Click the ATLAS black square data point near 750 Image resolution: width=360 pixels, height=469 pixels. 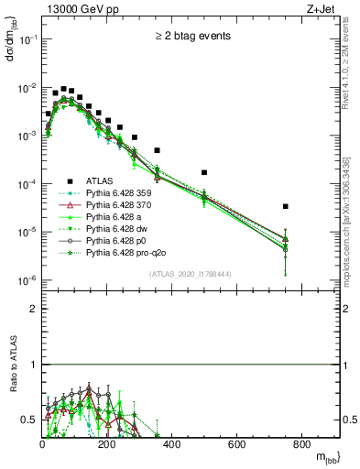(286, 207)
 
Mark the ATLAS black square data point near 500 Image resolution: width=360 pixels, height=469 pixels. (204, 172)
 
